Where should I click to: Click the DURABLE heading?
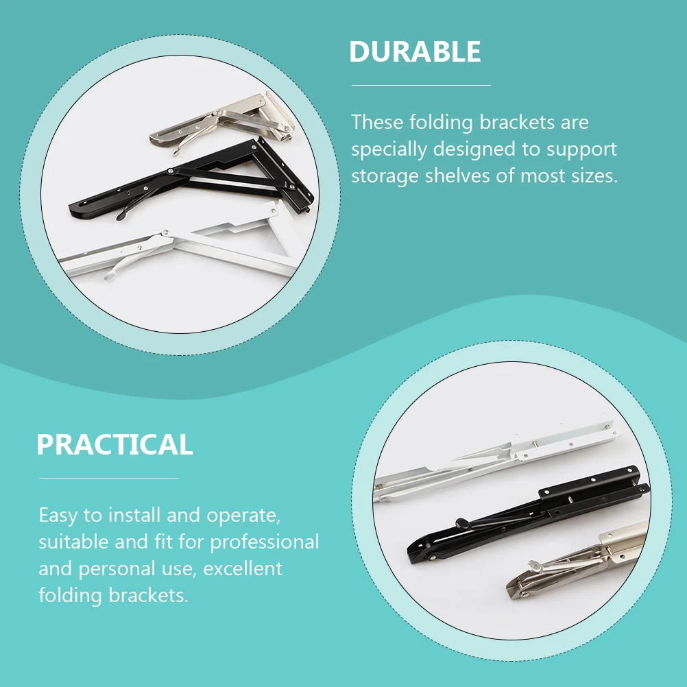tap(415, 51)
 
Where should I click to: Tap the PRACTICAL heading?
tap(114, 444)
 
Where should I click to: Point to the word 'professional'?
tap(265, 542)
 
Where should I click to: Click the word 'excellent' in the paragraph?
tap(243, 568)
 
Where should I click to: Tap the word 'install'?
tap(134, 515)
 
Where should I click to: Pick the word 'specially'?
tap(389, 150)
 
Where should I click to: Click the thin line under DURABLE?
tap(421, 85)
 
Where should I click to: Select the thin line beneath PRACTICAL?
tap(108, 478)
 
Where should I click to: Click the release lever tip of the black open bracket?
tap(120, 215)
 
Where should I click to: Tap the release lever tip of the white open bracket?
tap(109, 276)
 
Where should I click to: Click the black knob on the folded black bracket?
tap(463, 522)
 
